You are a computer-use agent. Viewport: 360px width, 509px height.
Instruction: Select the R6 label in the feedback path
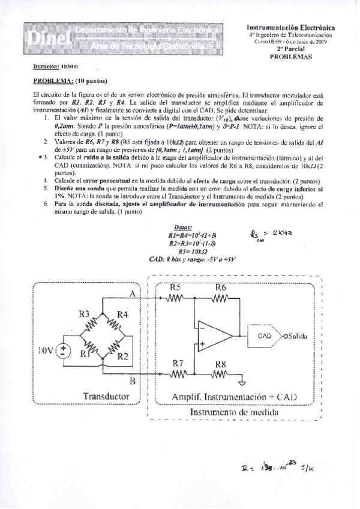(x=220, y=287)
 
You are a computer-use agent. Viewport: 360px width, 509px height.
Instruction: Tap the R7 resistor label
(x=178, y=363)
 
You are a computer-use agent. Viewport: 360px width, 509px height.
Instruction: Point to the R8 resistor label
(x=220, y=363)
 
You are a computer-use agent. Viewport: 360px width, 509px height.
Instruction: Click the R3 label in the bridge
(x=85, y=313)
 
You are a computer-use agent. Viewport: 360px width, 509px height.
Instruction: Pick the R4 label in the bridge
(x=122, y=313)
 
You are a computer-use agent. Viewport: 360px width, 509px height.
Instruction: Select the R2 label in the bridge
(x=122, y=357)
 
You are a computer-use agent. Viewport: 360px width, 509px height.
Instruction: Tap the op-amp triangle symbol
(x=208, y=336)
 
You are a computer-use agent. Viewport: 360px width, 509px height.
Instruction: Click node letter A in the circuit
(x=131, y=292)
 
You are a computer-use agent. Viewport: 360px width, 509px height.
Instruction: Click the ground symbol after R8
(x=241, y=382)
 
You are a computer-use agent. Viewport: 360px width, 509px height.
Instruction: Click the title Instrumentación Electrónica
(x=291, y=28)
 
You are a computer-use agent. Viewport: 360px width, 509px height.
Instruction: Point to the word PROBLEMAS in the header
(x=291, y=55)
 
